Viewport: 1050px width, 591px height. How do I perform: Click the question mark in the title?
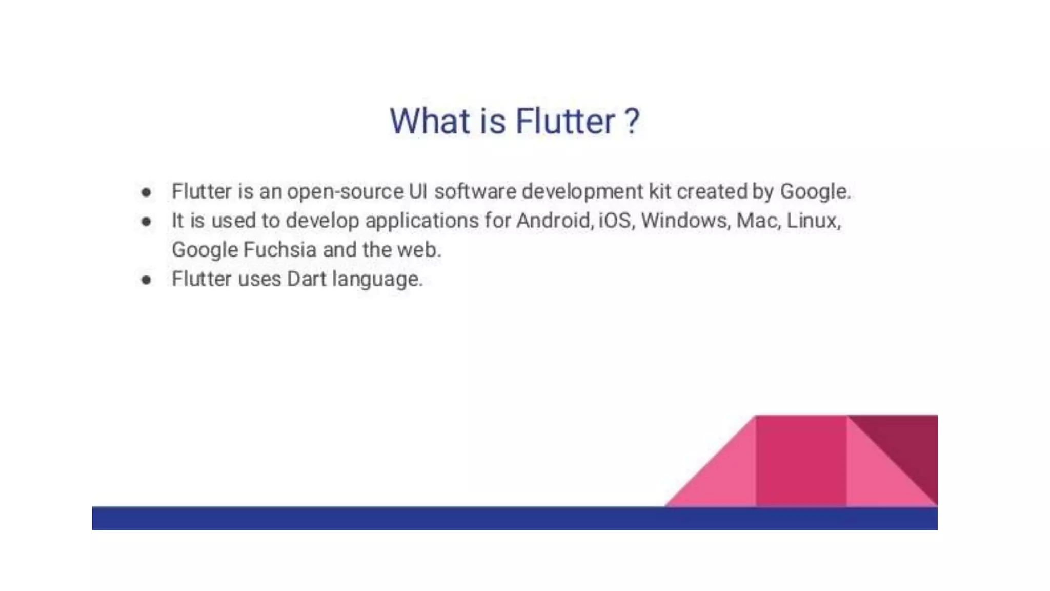coord(632,122)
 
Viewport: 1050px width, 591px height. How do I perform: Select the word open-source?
coord(345,191)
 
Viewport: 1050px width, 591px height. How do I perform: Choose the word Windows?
coord(685,221)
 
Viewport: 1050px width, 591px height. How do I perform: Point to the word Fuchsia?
coord(280,250)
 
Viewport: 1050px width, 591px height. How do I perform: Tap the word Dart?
coord(307,279)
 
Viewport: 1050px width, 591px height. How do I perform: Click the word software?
coord(475,191)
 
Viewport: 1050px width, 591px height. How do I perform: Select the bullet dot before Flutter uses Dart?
coord(147,280)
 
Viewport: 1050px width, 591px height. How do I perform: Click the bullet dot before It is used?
coord(147,222)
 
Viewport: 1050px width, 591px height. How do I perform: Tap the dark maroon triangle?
coord(910,444)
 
